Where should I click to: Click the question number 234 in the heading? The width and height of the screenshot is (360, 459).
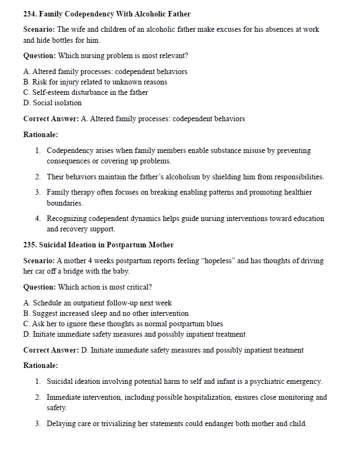coord(30,13)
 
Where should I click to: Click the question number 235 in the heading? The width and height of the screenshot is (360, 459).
coord(30,245)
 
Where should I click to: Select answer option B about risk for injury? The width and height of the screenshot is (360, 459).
coord(95,82)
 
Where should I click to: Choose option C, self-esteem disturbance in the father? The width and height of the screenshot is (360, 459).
coord(86,93)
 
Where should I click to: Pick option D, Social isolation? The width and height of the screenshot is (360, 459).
coord(53,103)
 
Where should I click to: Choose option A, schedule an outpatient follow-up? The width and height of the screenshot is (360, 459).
coord(98,303)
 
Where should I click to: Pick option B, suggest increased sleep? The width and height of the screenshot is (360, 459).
coord(106,314)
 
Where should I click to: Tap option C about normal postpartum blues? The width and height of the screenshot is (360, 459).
coord(123,324)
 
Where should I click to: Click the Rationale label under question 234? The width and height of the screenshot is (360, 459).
coord(40,134)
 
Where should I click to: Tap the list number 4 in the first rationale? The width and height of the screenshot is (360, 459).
coord(37,219)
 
